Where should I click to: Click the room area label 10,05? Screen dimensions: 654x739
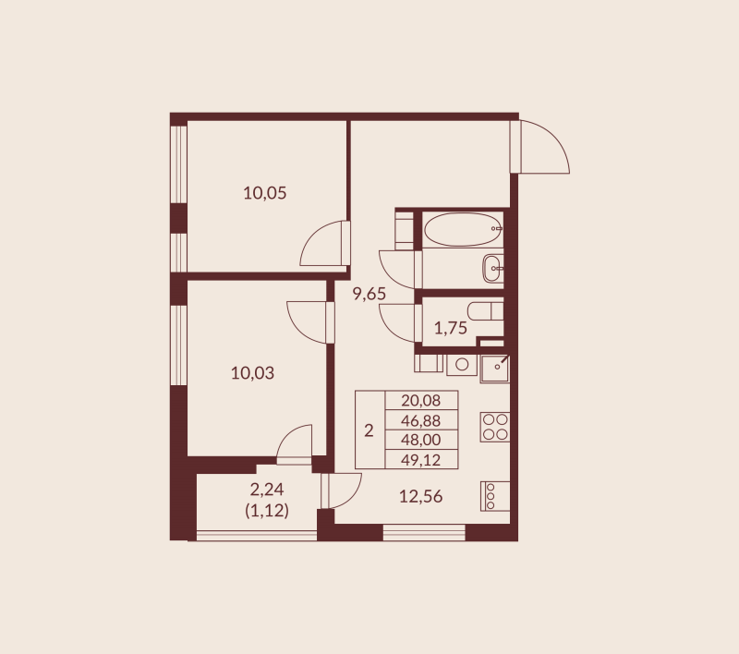point(265,193)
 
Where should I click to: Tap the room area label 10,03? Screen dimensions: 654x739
point(253,373)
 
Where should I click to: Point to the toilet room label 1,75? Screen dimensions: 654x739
point(450,327)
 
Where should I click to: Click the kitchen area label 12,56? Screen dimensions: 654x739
point(420,496)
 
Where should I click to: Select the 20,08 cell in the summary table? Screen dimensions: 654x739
point(421,400)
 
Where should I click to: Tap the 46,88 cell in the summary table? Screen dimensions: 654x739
point(421,420)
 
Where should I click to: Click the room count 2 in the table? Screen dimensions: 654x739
point(369,430)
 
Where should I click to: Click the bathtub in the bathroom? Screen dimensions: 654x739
point(462,229)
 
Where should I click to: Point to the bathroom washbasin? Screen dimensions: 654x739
point(493,269)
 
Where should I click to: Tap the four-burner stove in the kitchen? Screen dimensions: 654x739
point(494,426)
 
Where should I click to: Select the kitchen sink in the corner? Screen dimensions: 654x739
point(495,367)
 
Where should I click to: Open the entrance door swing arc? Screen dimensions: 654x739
point(545,148)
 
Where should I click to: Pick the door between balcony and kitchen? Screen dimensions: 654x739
point(340,490)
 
